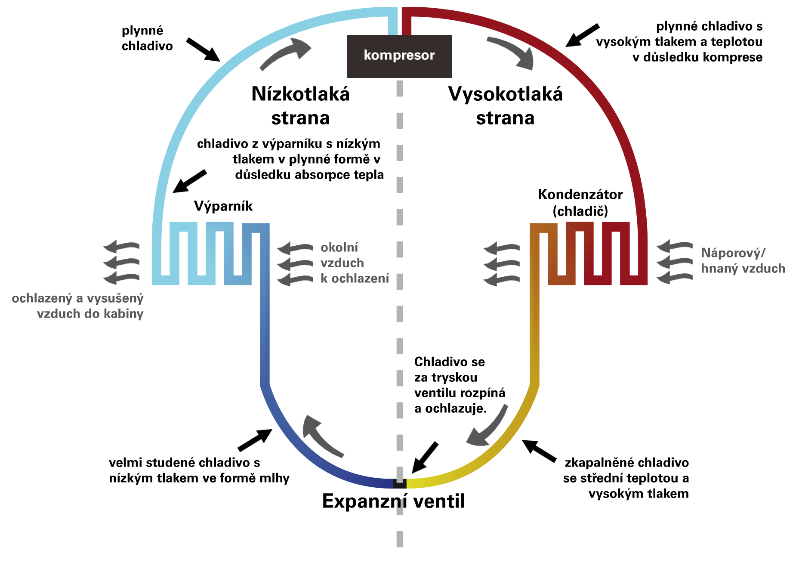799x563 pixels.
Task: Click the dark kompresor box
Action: click(399, 56)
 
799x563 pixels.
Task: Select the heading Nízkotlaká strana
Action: click(300, 106)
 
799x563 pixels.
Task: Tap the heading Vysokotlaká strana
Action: click(505, 106)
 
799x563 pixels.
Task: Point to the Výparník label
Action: click(223, 206)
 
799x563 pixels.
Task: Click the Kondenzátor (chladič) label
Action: click(580, 202)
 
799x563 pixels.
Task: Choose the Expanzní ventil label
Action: click(394, 501)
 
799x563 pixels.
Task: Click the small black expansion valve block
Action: click(400, 483)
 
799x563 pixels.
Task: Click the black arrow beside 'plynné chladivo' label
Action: click(203, 50)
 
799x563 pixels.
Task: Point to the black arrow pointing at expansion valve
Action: click(425, 458)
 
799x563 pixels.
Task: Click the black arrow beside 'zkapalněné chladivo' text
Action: click(539, 451)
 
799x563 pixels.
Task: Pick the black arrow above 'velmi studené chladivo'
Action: click(255, 440)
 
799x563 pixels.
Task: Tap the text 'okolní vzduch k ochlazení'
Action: click(355, 263)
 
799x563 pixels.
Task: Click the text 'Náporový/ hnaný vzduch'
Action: click(743, 260)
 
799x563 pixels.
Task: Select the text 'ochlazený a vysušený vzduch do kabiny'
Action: click(77, 306)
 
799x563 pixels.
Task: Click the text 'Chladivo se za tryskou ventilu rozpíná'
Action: click(460, 377)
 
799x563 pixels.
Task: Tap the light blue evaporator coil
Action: click(211, 253)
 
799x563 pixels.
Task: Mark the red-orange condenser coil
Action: click(588, 253)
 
